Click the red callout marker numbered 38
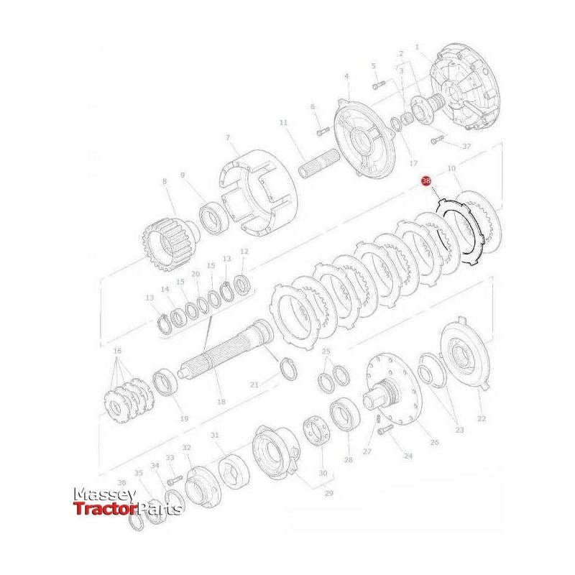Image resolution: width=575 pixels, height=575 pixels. (x=426, y=182)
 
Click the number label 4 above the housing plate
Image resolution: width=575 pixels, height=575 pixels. (x=346, y=76)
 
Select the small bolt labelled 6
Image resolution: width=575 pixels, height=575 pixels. (x=322, y=131)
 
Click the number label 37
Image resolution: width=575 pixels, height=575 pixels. (x=466, y=147)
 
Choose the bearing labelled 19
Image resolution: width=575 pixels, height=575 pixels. (x=167, y=381)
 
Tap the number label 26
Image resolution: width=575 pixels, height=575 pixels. (x=433, y=442)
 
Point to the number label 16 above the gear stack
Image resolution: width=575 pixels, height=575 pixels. (x=118, y=350)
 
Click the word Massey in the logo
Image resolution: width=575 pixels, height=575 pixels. (x=105, y=496)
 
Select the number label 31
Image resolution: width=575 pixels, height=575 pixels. (x=214, y=436)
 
